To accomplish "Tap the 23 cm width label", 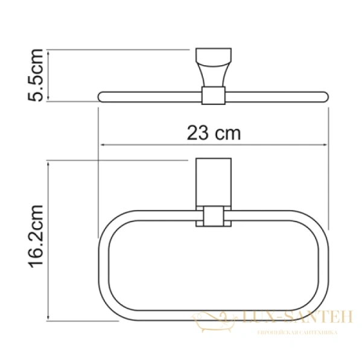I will coord(213,133).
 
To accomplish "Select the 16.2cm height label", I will coord(36,240).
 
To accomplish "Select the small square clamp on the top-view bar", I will coord(212,95).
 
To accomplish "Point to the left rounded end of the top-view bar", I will coord(101,95).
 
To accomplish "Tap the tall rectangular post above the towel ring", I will coord(212,183).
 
